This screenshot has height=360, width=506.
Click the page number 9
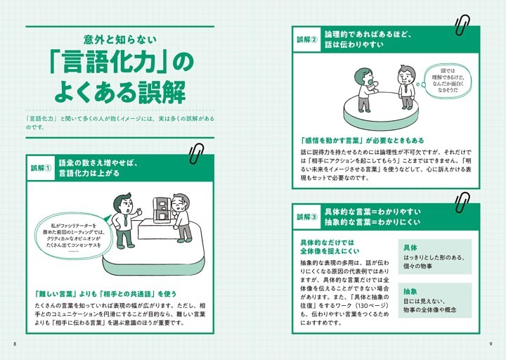pos(491,343)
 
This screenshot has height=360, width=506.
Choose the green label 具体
pos(410,248)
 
